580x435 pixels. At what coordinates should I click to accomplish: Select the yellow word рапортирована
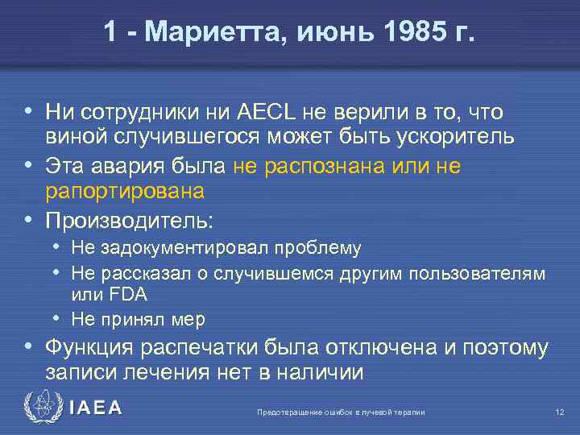pos(125,190)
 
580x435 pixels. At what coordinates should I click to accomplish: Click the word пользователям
pos(477,273)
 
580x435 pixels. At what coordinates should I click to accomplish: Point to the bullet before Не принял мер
pos(61,318)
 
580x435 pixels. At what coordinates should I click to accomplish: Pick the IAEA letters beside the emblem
pos(95,408)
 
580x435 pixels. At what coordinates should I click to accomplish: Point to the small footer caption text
pos(341,412)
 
